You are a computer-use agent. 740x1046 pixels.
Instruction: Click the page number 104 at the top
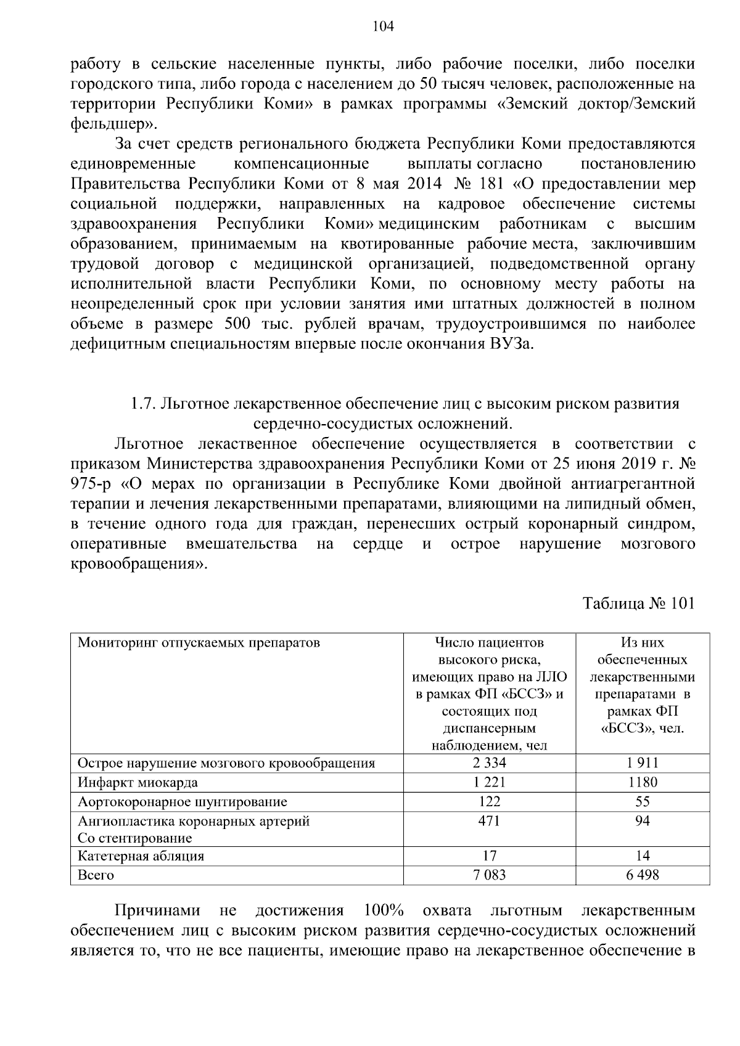click(383, 26)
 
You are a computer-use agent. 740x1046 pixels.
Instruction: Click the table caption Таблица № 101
click(639, 603)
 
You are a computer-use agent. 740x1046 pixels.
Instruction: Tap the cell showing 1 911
click(643, 762)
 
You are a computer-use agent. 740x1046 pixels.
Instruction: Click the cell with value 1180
click(643, 782)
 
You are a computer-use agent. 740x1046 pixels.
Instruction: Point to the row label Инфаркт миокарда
click(138, 783)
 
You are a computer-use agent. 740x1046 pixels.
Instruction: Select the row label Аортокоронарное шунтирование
click(182, 802)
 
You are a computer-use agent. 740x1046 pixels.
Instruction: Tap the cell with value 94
click(643, 821)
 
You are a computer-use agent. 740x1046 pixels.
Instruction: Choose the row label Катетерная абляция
click(141, 856)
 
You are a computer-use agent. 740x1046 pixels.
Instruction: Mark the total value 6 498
click(643, 875)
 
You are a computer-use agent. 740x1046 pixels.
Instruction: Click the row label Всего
click(96, 875)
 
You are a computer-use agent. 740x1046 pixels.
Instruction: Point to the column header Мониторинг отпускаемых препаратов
click(199, 643)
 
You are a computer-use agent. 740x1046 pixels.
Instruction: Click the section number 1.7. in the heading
click(141, 404)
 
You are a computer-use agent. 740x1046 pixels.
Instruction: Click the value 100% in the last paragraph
click(383, 910)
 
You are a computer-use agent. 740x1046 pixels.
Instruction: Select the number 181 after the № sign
click(490, 184)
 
